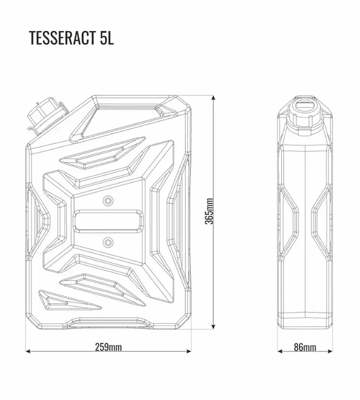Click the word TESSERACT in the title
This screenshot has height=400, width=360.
point(63,38)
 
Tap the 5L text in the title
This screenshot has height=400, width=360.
point(107,38)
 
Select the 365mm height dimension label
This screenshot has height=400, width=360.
point(209,211)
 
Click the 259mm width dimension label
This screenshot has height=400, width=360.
point(109,347)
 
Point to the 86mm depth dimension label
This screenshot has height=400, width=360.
point(305,347)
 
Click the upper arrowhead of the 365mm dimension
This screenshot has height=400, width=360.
point(213,98)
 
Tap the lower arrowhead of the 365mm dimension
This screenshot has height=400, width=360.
point(213,326)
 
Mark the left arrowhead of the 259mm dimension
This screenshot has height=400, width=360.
point(28,351)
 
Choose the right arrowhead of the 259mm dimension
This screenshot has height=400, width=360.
point(189,351)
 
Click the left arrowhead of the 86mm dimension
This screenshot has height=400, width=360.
point(280,351)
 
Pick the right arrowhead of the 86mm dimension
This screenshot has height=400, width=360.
point(330,351)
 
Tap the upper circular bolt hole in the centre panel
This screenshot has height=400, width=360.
point(108,200)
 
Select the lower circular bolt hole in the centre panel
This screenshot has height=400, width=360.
point(108,241)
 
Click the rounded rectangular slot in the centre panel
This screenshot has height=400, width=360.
point(108,221)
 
